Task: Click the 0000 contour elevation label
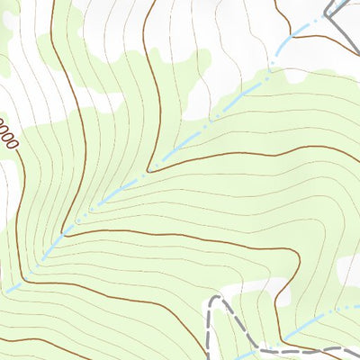pyautogui.click(x=7, y=134)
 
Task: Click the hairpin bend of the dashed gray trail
pyautogui.click(x=212, y=301)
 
